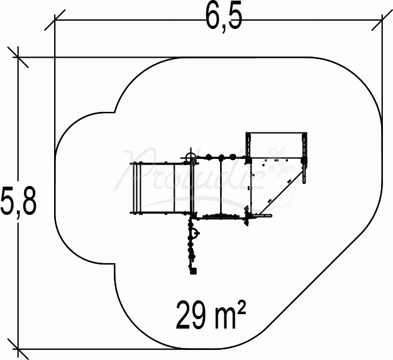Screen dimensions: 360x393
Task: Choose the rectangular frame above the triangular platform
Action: point(277,146)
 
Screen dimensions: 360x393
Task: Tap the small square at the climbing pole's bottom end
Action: point(193,271)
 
